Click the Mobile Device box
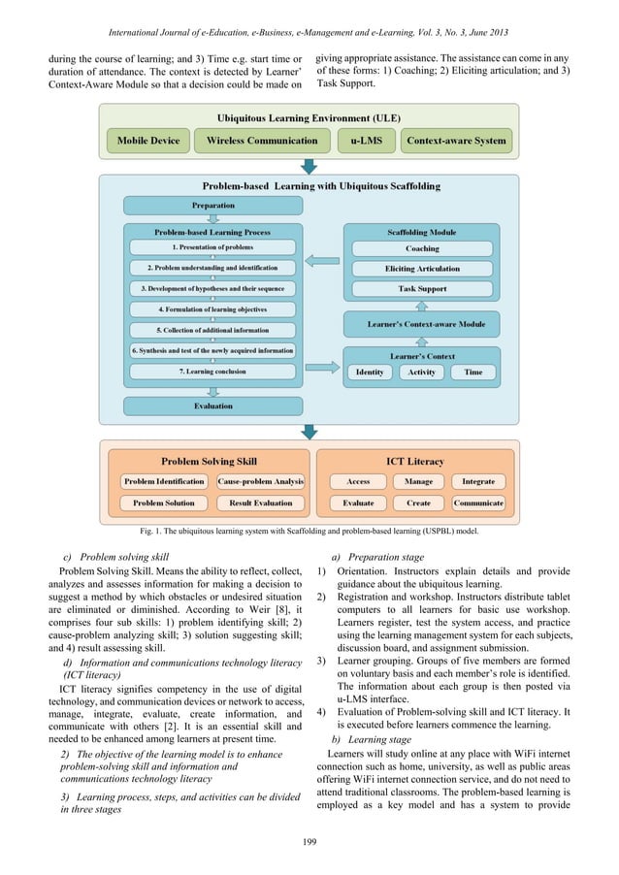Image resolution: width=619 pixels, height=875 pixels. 148,141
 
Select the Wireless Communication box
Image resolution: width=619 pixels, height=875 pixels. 262,141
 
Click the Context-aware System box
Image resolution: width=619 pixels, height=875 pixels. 456,141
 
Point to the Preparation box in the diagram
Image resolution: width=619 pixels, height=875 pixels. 212,206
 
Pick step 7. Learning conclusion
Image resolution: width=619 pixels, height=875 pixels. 212,371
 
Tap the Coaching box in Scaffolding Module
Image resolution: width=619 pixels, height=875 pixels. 421,248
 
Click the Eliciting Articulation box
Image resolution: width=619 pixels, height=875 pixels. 421,269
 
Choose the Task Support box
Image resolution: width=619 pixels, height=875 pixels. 421,289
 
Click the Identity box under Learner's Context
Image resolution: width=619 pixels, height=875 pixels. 370,372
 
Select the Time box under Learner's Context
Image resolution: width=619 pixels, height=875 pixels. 472,372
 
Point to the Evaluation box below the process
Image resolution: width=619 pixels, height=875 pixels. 212,406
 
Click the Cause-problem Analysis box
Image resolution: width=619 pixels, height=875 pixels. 260,481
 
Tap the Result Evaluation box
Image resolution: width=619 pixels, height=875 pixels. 260,503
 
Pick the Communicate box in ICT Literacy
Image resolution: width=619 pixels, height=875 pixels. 478,503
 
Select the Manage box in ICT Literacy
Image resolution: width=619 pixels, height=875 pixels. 418,481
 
